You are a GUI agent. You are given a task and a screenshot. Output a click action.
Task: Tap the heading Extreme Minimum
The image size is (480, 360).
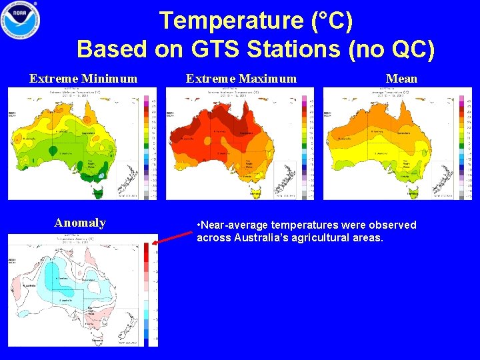click(x=83, y=79)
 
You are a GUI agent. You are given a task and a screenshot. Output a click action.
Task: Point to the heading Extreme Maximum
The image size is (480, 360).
click(x=241, y=79)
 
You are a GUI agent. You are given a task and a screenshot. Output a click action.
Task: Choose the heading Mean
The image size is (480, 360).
click(x=401, y=79)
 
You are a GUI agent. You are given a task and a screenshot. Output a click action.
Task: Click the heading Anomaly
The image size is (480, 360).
click(x=80, y=223)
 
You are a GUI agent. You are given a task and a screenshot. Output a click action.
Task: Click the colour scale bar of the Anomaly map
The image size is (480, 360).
click(x=147, y=293)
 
